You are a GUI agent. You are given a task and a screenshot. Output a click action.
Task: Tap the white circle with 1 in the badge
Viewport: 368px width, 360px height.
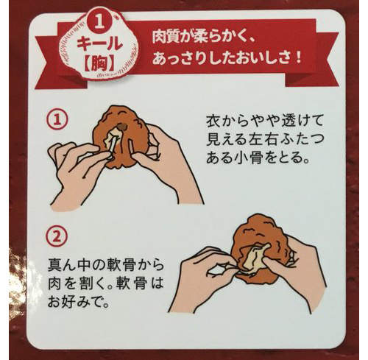102,18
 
